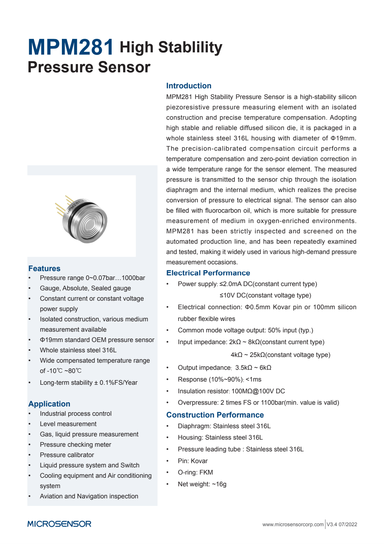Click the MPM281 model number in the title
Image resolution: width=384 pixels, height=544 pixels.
(x=71, y=47)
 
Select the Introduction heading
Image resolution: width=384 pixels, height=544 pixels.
(x=189, y=86)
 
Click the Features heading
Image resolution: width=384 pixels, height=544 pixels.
(x=44, y=269)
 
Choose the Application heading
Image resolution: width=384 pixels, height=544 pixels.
(x=49, y=404)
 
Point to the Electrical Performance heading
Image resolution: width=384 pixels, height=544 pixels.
(x=208, y=273)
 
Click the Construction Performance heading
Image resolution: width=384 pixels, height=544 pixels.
(x=215, y=415)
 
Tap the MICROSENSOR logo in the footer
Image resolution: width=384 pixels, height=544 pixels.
(x=59, y=524)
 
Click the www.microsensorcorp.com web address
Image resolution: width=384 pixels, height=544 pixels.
(x=293, y=524)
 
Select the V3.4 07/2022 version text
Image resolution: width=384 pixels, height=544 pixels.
(x=342, y=524)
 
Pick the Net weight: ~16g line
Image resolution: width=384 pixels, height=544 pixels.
(x=202, y=484)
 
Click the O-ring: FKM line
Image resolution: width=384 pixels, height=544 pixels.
(x=195, y=472)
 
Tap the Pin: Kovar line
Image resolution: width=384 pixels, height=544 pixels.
(x=193, y=461)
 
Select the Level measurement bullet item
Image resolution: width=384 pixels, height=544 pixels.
(x=68, y=424)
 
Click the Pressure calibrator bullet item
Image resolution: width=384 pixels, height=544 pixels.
(x=67, y=455)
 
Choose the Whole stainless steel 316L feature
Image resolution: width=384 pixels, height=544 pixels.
(x=78, y=350)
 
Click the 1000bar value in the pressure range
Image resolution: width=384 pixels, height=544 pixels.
(x=133, y=278)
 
